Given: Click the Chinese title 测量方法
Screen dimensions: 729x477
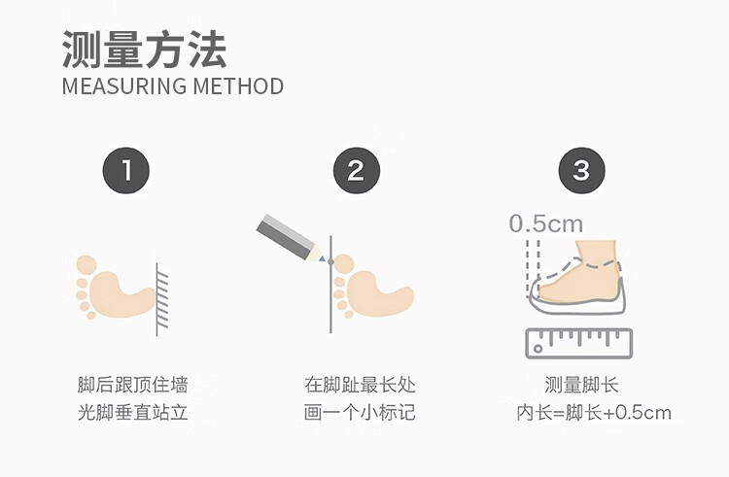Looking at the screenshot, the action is click(x=144, y=50).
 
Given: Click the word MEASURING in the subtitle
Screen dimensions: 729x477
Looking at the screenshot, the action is click(x=124, y=86).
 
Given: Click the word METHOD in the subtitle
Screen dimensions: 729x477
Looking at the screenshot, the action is click(x=238, y=86).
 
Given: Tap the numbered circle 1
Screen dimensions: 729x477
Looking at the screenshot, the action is click(x=126, y=170).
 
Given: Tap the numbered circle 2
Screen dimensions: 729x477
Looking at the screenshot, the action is click(x=356, y=170).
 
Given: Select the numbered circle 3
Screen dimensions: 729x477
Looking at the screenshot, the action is click(x=581, y=170).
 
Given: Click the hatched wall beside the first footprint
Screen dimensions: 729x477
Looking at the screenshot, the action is click(x=161, y=299).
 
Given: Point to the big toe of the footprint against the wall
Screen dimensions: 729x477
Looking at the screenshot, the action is click(x=87, y=265).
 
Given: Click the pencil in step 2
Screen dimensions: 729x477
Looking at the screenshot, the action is click(x=291, y=238).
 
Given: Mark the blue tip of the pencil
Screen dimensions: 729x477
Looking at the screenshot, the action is click(x=322, y=258).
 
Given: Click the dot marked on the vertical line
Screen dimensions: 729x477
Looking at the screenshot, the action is click(x=330, y=262).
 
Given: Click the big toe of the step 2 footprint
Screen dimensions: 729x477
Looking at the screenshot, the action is click(x=343, y=264).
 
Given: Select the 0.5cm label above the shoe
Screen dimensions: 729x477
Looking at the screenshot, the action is click(x=546, y=223).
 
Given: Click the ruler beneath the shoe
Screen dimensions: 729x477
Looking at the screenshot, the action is click(x=579, y=343).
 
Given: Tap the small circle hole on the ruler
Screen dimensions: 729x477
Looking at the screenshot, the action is click(x=538, y=349).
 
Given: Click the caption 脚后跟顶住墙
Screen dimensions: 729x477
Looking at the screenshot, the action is click(x=132, y=385).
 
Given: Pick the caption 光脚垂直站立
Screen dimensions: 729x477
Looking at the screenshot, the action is click(x=132, y=413).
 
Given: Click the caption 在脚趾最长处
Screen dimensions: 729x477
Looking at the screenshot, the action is click(x=360, y=385).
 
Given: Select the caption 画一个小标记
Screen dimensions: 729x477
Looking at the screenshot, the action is click(x=360, y=413).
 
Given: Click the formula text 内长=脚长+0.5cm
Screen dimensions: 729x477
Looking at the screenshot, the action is click(x=594, y=413).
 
